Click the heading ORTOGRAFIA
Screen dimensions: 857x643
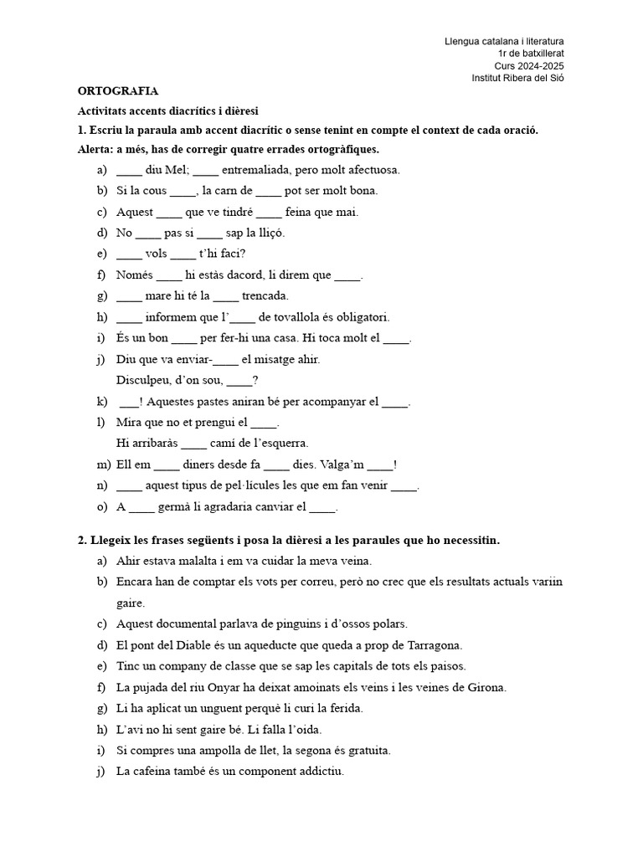[x=118, y=90]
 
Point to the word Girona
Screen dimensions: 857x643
[x=486, y=687]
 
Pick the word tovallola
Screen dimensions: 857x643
[x=297, y=317]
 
